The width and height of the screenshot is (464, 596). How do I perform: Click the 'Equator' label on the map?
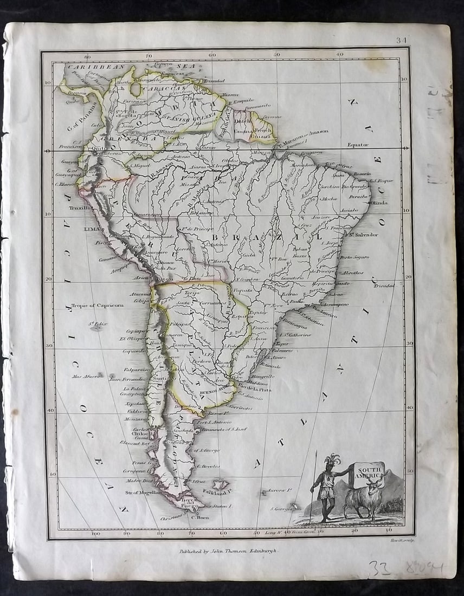358,145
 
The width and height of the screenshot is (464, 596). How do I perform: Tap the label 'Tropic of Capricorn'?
98,305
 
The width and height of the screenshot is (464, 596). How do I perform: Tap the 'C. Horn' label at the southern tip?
200,516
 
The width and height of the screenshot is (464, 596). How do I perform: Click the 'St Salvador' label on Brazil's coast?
363,235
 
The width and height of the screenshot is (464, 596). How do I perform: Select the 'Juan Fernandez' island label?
127,379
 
